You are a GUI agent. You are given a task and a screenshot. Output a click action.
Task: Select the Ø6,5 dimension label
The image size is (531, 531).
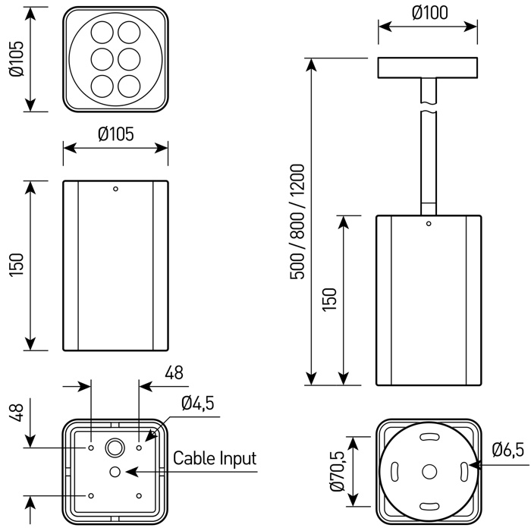point(507,450)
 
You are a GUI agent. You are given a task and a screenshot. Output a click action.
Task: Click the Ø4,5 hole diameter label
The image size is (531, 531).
point(197,404)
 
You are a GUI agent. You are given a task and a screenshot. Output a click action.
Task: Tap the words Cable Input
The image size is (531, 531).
point(215,458)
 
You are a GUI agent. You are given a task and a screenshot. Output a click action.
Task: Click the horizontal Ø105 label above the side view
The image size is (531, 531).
point(116,134)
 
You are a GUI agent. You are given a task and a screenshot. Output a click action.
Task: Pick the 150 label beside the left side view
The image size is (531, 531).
point(17,265)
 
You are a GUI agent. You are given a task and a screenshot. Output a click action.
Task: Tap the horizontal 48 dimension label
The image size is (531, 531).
point(174,372)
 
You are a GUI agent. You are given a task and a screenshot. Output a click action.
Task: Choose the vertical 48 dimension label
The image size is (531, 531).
point(17,414)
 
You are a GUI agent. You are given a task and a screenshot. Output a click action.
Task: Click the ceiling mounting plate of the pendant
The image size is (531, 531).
point(428,68)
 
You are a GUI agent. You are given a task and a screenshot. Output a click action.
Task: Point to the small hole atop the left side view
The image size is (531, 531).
point(115,188)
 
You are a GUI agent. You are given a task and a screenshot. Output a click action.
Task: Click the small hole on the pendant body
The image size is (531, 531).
point(429,224)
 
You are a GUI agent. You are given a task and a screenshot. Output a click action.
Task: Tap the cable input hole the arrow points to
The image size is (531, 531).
point(115,472)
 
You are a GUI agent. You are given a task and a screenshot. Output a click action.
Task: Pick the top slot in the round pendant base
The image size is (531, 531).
point(429,438)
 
